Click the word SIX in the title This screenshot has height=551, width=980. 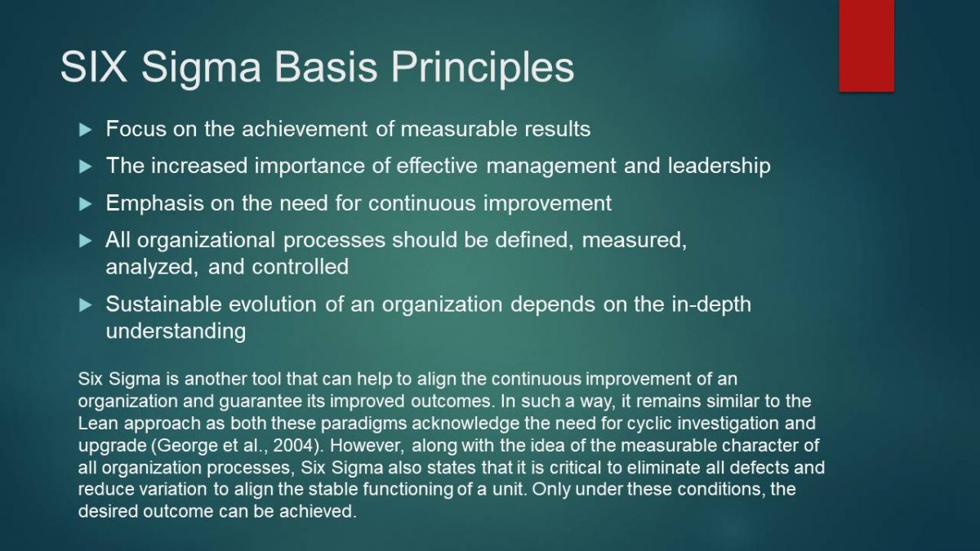point(94,67)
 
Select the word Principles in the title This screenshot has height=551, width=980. point(483,69)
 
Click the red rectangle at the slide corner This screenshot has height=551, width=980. point(866,46)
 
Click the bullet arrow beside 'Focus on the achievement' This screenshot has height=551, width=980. point(85,130)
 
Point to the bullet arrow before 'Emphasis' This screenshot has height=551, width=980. point(85,204)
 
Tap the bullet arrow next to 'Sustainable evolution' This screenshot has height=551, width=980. point(85,304)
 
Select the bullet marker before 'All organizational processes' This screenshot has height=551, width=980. point(85,241)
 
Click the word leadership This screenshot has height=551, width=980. point(719,167)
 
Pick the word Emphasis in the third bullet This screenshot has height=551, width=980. point(155,204)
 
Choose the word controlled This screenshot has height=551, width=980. point(301,267)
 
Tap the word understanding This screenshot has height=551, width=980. point(176,331)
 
